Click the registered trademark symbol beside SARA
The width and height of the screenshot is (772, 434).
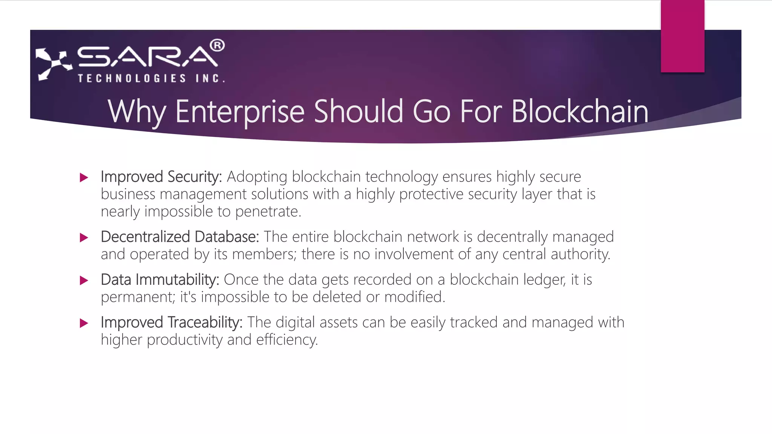click(217, 46)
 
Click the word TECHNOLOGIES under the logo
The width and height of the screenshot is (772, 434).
click(132, 78)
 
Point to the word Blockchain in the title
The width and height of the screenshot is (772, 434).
click(580, 112)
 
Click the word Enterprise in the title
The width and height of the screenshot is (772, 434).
click(240, 112)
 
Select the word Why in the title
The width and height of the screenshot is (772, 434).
click(136, 112)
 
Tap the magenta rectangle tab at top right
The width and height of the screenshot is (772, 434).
click(682, 36)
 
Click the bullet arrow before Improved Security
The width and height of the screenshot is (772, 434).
click(84, 177)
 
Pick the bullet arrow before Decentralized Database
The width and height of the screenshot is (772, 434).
click(84, 238)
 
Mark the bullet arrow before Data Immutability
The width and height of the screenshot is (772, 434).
click(84, 280)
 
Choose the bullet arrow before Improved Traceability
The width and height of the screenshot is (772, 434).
click(84, 323)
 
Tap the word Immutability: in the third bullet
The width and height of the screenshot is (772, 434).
click(177, 280)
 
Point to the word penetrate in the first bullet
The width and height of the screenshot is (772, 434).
click(267, 212)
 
